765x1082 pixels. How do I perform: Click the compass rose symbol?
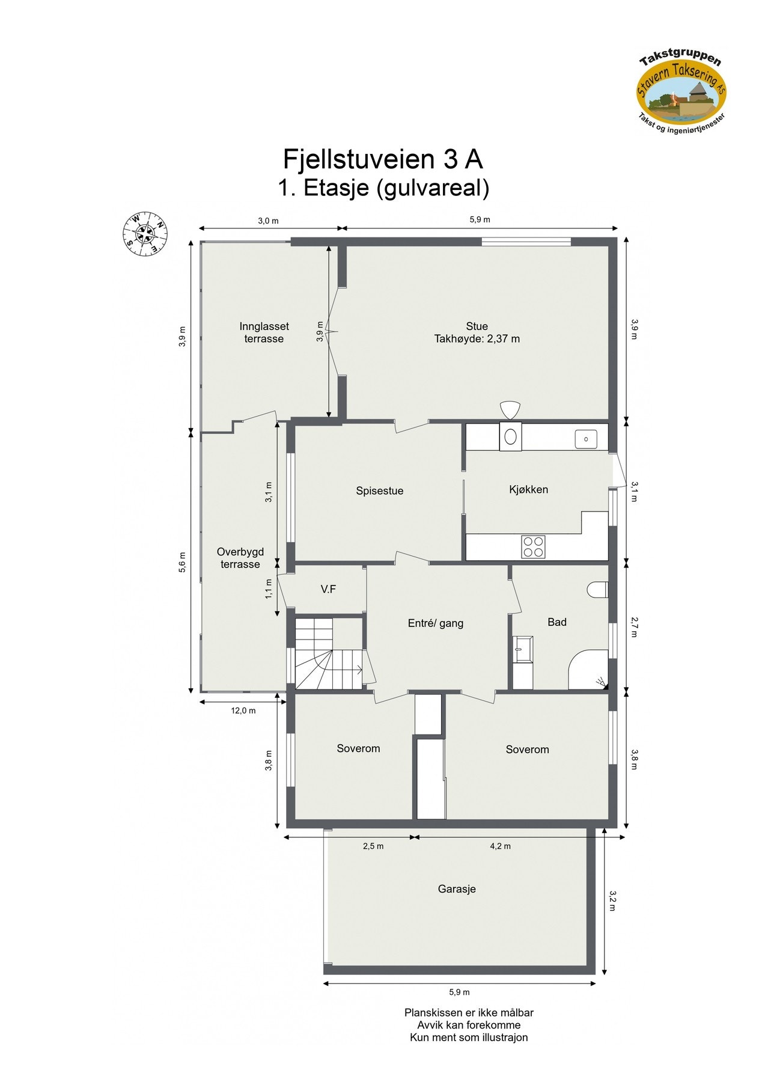pos(145,234)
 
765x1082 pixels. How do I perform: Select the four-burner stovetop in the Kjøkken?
pos(533,546)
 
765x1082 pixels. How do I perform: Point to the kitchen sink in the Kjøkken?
pos(585,439)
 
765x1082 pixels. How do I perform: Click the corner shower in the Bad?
pos(588,670)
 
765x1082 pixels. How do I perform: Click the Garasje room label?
pos(457,889)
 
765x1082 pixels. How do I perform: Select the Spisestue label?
pos(379,491)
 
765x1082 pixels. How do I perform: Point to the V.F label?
pos(328,590)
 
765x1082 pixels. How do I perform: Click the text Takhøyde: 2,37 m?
pos(477,339)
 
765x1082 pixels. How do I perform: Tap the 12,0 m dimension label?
pos(243,711)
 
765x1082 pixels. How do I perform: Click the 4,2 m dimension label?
pos(500,846)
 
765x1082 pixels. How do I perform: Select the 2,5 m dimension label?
pos(373,846)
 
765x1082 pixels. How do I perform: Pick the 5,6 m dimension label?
pos(183,563)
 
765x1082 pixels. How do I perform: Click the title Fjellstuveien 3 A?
pos(383,159)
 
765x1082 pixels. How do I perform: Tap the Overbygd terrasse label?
pos(240,558)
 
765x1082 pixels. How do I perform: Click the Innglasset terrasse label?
pos(264,332)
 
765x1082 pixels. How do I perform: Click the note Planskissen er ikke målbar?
pos(469,1013)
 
